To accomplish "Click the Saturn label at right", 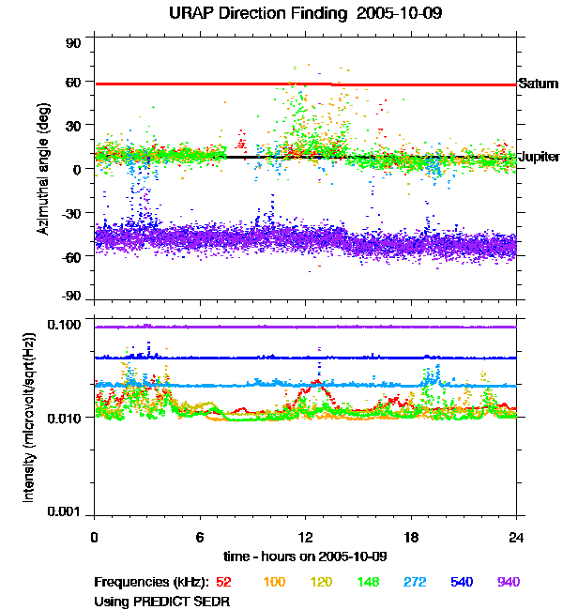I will tap(539, 84).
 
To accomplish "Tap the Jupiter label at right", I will tap(540, 157).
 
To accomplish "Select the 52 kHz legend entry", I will tap(223, 582).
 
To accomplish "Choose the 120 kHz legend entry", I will tap(321, 582).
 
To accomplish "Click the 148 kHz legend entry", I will tap(368, 582).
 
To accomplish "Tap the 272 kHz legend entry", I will tap(415, 582).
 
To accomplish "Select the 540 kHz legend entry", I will tap(462, 582).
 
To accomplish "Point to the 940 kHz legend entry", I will tap(509, 582).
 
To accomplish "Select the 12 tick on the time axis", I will tap(306, 537).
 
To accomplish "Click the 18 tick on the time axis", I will tap(411, 537).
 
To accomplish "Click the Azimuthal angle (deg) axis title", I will tap(43, 170).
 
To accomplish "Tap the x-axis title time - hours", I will tap(306, 557).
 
